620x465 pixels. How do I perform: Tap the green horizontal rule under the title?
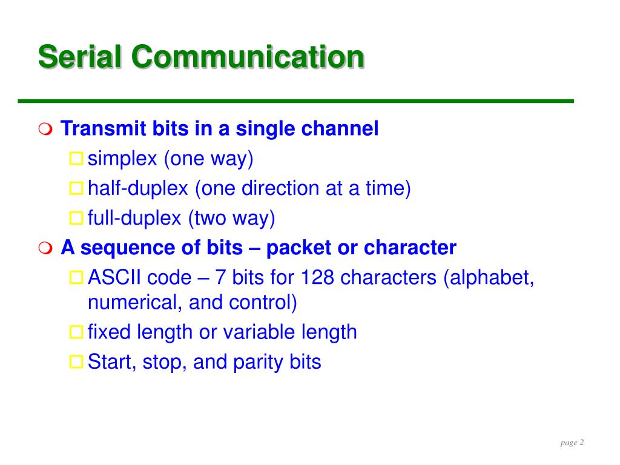coord(295,101)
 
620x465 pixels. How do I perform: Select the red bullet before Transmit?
coord(45,130)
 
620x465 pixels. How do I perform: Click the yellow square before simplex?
coord(76,159)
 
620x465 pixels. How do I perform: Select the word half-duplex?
coord(137,188)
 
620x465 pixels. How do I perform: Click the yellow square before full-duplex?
coord(76,218)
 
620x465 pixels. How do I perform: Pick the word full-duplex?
coord(134,218)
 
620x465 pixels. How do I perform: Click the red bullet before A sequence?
coord(45,248)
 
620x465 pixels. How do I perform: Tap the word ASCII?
coord(114,277)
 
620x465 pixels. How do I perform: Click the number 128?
coord(317,277)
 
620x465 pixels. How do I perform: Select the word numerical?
coord(135,302)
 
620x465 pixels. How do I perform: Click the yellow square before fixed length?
coord(76,332)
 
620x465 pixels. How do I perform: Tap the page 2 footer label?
coord(572,443)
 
